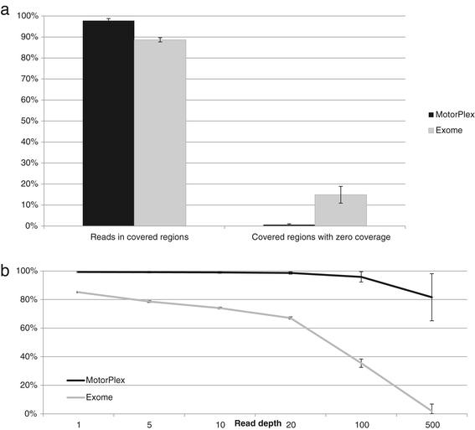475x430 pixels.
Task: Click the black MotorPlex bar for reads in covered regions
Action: click(108, 123)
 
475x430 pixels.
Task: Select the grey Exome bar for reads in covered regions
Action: click(160, 132)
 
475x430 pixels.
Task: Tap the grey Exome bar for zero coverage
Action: click(341, 210)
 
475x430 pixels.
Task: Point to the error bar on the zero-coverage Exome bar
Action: click(341, 194)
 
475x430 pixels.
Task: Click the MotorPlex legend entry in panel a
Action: click(452, 115)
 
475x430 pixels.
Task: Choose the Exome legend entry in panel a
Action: click(446, 130)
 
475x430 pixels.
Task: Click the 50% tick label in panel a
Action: click(29, 121)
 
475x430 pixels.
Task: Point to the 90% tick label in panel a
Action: click(29, 37)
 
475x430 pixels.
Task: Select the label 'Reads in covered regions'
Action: click(139, 236)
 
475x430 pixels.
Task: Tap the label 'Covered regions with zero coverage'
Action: click(321, 236)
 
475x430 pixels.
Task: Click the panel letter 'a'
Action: click(5, 11)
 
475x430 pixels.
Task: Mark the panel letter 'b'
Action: click(5, 271)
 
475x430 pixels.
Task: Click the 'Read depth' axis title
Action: click(258, 423)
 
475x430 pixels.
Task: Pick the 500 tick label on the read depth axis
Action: click(431, 425)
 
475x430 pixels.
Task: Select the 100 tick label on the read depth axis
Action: click(362, 425)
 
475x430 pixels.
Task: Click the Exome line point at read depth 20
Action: click(291, 318)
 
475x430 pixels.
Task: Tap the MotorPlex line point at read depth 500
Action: click(431, 298)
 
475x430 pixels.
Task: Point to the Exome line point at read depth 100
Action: click(361, 363)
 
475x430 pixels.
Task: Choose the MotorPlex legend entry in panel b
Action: click(96, 380)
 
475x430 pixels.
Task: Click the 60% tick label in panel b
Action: click(28, 329)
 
